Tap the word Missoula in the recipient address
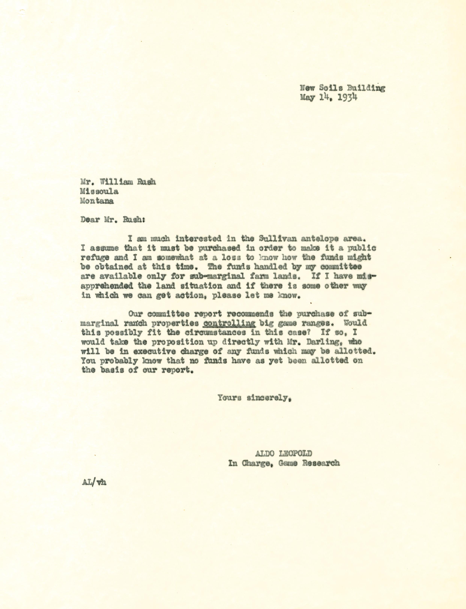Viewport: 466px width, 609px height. (99, 191)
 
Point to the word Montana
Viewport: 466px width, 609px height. (97, 201)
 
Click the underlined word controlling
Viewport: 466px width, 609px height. (229, 323)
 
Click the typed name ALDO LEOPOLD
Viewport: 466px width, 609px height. (283, 453)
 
